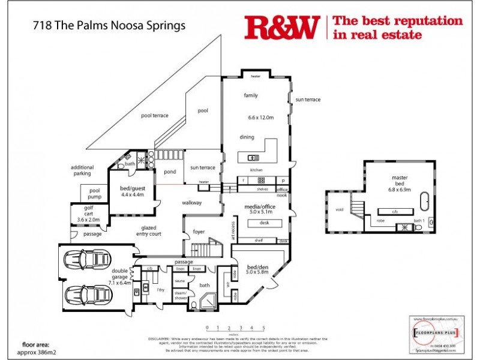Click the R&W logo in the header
click(282, 28)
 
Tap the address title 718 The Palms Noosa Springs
click(109, 26)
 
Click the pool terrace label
click(154, 115)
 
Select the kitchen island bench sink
click(253, 158)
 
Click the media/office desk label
click(263, 223)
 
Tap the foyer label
click(199, 232)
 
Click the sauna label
click(178, 280)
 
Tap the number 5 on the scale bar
click(263, 328)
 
